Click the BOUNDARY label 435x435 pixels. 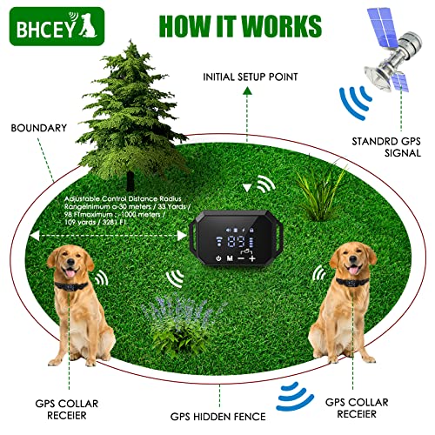[x=39, y=128]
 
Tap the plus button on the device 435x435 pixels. [x=252, y=258]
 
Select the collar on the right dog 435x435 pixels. [x=355, y=282]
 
